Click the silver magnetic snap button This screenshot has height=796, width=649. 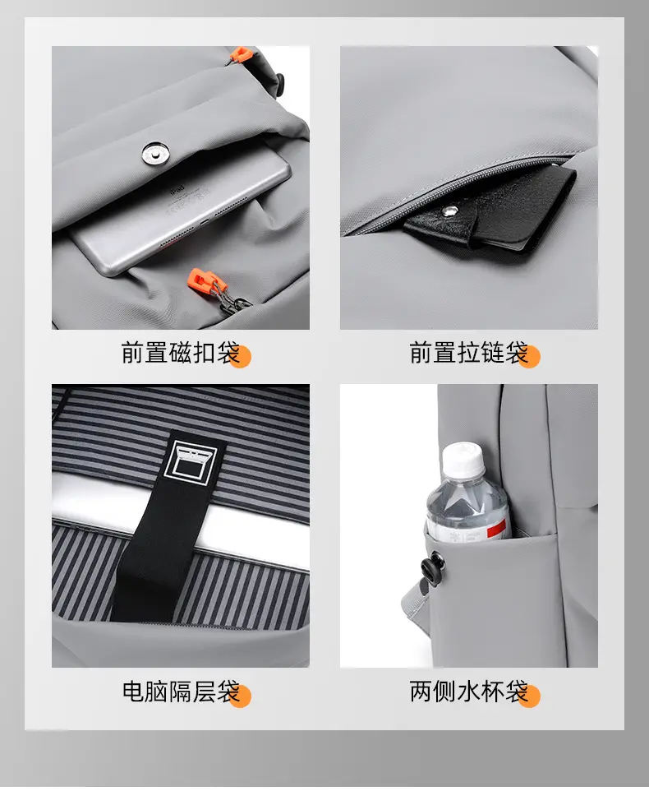click(155, 154)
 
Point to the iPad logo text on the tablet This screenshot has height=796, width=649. click(177, 189)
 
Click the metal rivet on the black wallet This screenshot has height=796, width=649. click(447, 211)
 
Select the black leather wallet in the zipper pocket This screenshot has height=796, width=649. click(489, 209)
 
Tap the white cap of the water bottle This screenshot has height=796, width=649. click(463, 460)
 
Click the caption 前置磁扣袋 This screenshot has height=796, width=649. click(181, 353)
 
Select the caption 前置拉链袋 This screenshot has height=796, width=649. click(470, 353)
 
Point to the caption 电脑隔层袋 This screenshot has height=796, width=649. click(181, 692)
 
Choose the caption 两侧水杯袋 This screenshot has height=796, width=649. click(470, 692)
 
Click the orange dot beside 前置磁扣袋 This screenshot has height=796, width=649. click(241, 356)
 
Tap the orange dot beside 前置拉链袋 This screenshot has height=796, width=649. click(529, 356)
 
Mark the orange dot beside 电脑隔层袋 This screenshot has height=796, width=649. click(241, 696)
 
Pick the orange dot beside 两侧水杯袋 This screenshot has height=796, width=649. click(529, 696)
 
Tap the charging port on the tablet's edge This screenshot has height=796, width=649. click(204, 222)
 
